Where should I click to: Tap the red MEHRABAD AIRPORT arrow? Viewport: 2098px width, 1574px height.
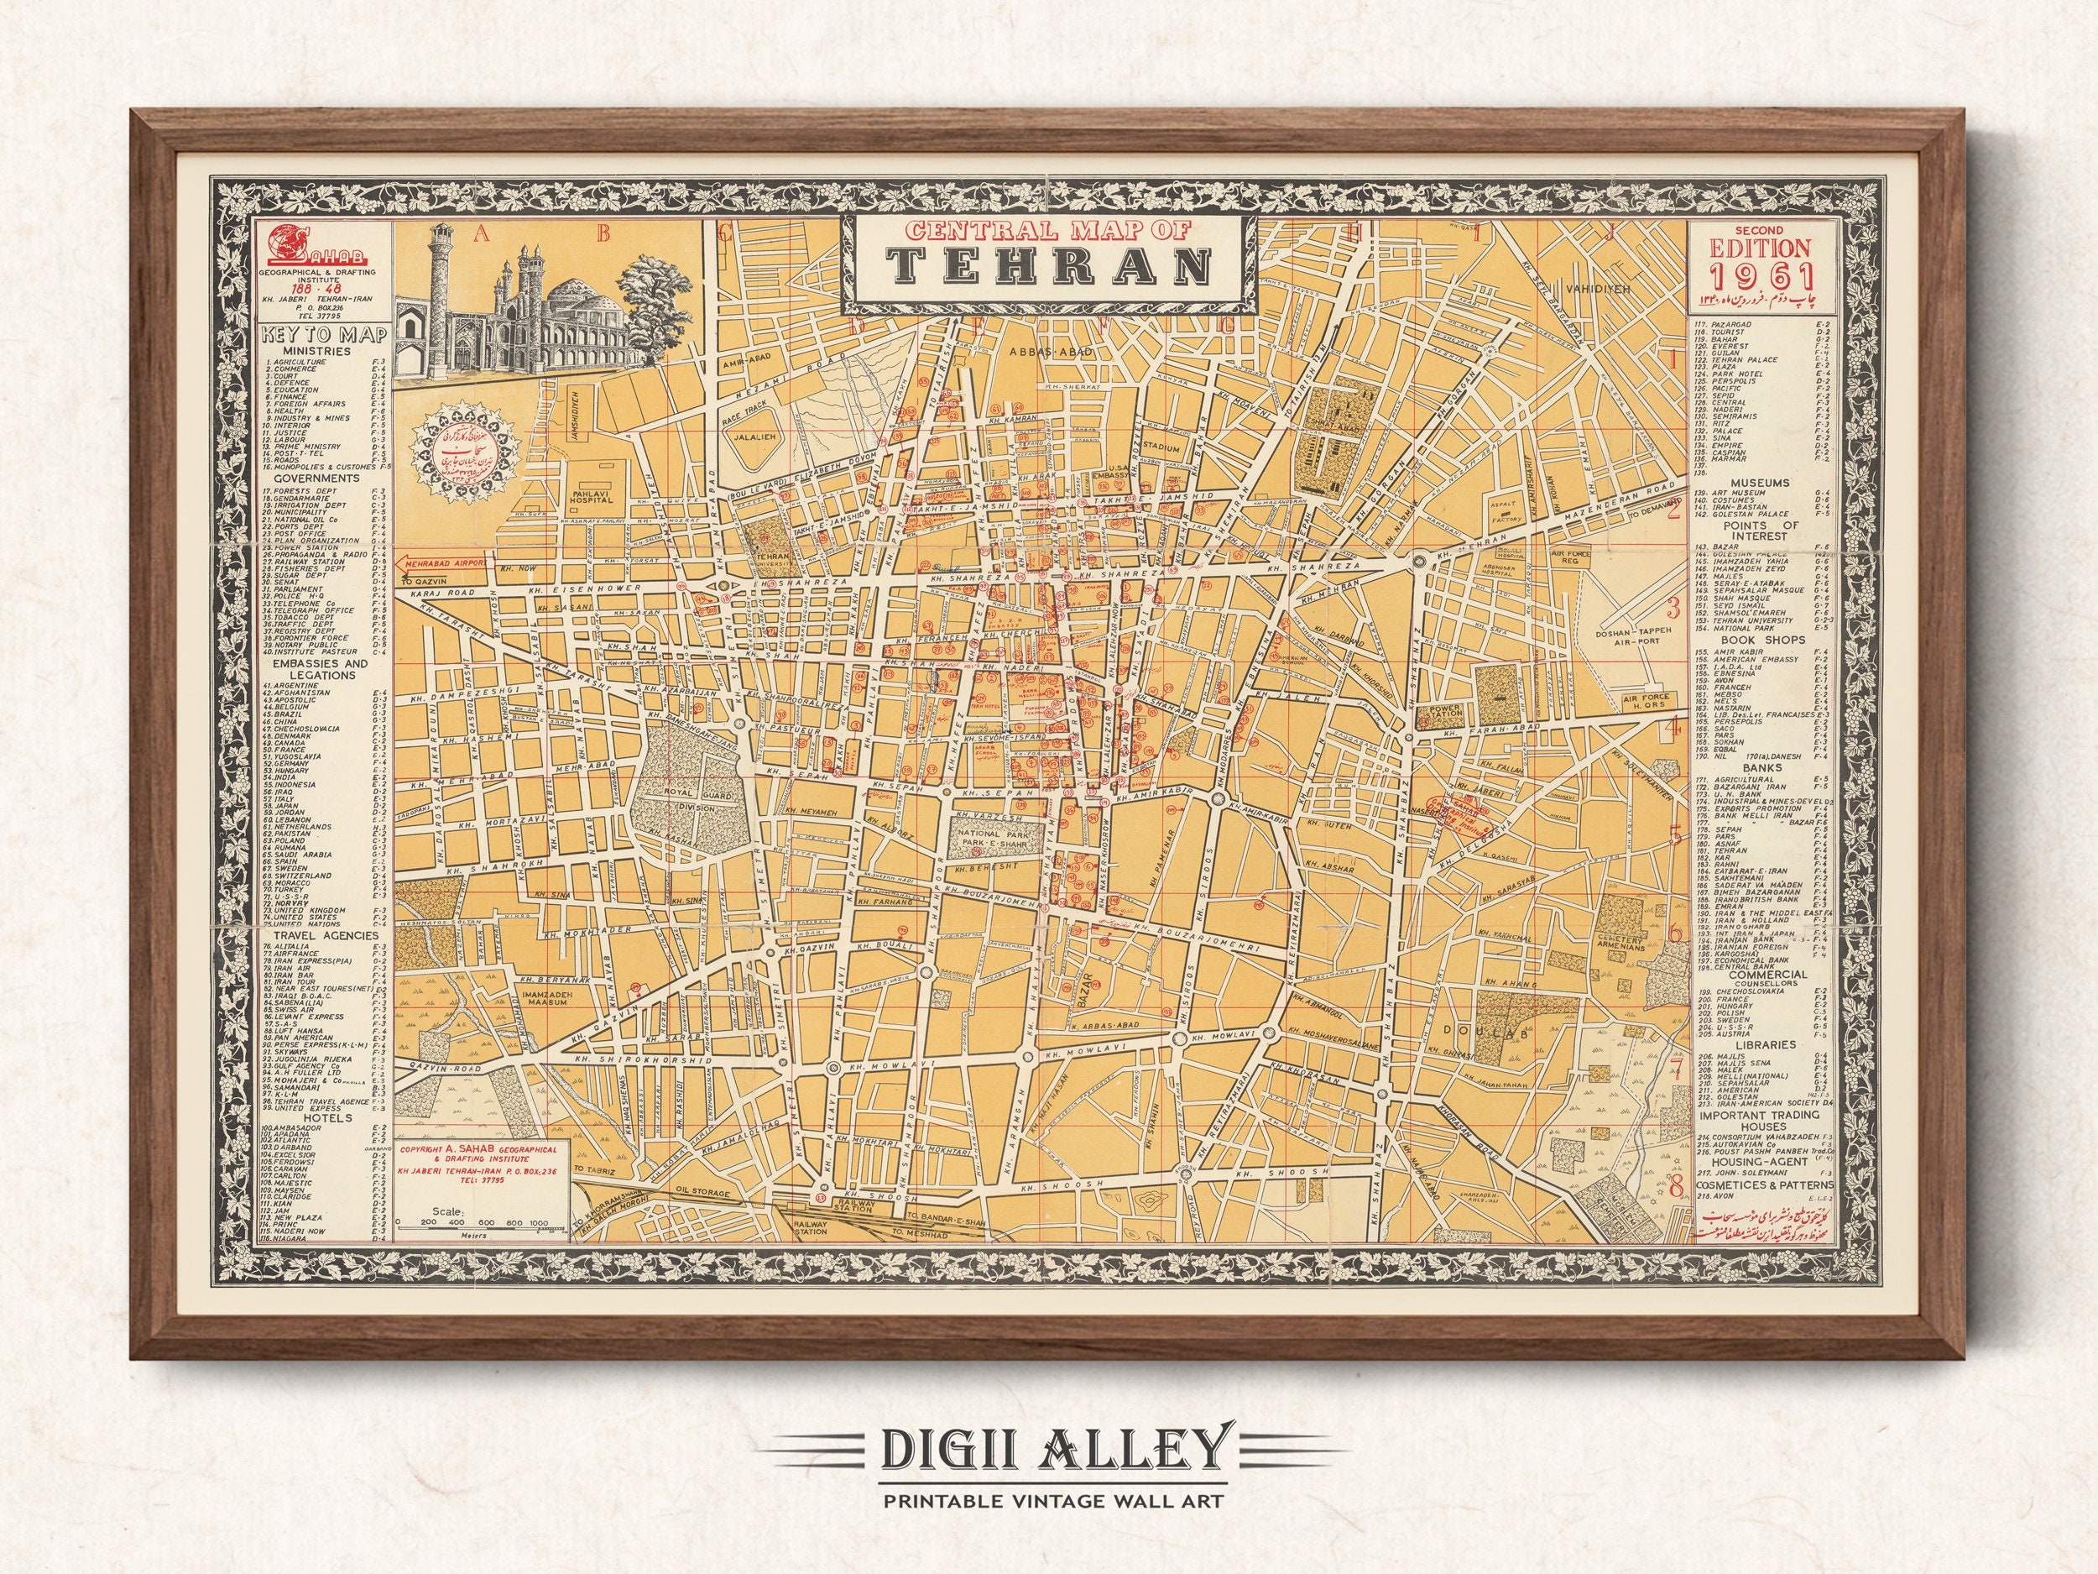444,562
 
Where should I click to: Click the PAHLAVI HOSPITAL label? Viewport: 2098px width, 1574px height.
592,495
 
